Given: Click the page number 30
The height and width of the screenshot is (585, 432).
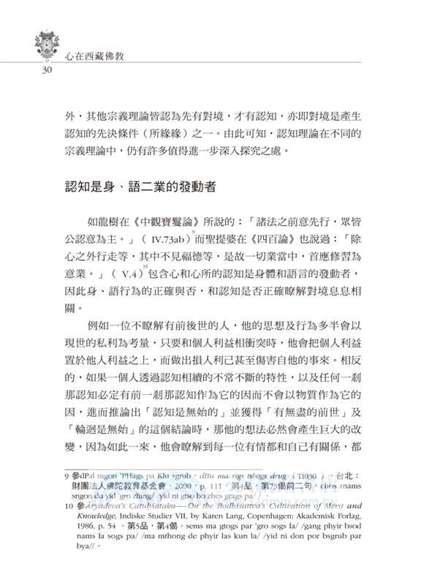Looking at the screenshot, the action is tap(34, 69).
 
